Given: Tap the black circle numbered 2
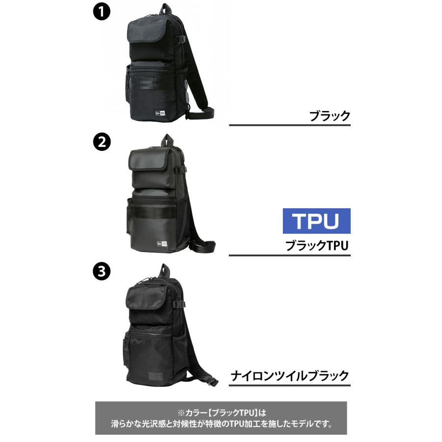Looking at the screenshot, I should pyautogui.click(x=101, y=142).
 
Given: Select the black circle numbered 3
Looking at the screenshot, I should pyautogui.click(x=101, y=271).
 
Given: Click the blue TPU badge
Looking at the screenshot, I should pyautogui.click(x=316, y=221).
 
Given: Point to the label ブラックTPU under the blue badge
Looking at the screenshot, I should pyautogui.click(x=316, y=246).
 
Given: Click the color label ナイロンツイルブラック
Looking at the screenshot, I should pyautogui.click(x=290, y=376).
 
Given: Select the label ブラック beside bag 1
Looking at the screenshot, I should pyautogui.click(x=329, y=116).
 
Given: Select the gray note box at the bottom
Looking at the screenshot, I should pyautogui.click(x=221, y=417).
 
